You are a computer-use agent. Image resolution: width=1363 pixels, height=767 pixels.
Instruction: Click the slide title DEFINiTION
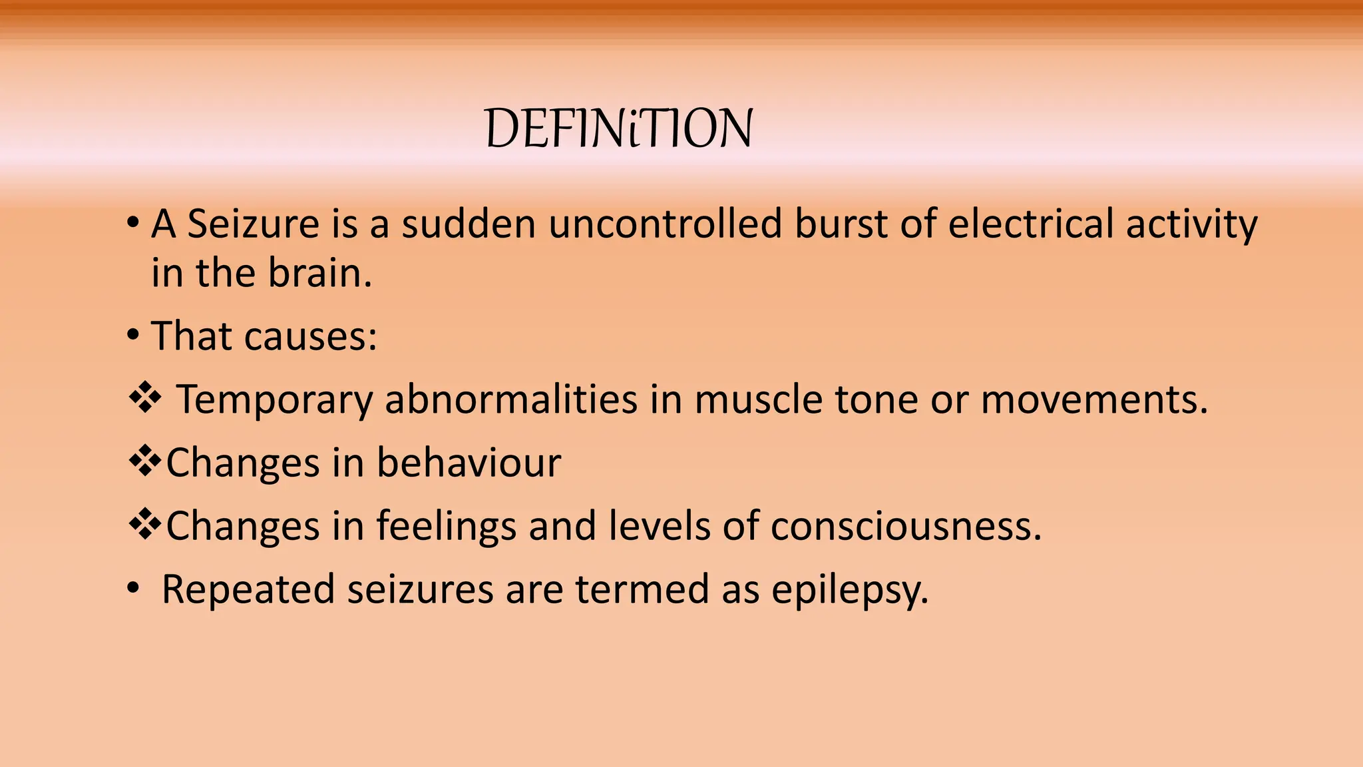619,128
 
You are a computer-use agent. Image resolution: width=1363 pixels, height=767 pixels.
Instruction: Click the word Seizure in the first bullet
254,224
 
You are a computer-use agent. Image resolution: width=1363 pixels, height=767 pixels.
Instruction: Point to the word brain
319,273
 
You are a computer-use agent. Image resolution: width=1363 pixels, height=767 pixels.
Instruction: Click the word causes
310,336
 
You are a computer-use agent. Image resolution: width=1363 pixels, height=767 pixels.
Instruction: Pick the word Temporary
274,399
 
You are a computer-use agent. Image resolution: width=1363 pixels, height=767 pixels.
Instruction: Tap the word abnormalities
511,399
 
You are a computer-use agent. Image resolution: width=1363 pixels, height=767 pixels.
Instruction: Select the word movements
1093,399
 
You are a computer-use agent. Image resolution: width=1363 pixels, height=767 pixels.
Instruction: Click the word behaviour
469,462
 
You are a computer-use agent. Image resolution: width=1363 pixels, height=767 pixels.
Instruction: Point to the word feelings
447,526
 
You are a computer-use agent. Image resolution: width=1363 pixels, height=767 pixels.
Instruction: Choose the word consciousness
906,526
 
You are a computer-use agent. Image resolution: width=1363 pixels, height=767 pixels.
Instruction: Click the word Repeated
248,590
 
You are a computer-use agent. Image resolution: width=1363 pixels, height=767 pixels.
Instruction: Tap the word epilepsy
850,590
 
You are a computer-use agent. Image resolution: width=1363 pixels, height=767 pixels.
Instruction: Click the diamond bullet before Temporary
144,399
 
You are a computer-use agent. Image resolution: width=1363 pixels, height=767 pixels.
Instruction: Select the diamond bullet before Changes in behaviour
144,461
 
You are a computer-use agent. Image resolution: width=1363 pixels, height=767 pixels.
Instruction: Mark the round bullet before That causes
133,335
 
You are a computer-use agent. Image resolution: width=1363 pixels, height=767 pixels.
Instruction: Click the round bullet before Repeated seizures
133,589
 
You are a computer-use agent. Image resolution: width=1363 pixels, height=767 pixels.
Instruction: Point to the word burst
841,224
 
